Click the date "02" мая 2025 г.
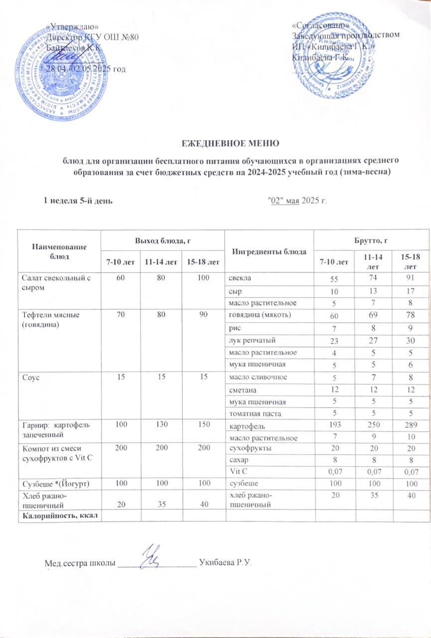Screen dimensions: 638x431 pyautogui.click(x=297, y=201)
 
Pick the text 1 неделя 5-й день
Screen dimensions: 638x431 pyautogui.click(x=78, y=201)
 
